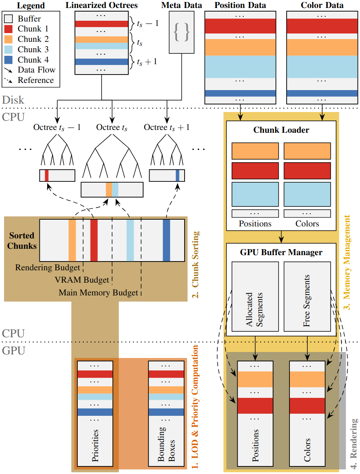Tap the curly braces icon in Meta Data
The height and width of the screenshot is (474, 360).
(182, 32)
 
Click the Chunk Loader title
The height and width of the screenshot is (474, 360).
(281, 130)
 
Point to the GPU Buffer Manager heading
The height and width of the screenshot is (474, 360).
(281, 252)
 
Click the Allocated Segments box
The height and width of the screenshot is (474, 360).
(255, 296)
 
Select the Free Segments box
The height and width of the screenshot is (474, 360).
(307, 296)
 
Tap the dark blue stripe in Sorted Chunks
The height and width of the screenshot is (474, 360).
(166, 240)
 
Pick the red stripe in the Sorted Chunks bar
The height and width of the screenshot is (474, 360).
(94, 240)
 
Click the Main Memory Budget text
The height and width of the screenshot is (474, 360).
(98, 293)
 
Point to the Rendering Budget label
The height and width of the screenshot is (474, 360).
(47, 267)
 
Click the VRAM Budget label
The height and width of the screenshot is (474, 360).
(82, 280)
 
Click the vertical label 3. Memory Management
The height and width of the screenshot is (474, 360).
(347, 263)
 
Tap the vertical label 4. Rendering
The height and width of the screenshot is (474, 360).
(354, 442)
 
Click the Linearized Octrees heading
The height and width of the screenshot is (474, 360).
(101, 6)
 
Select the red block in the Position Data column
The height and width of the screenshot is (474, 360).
(240, 26)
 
